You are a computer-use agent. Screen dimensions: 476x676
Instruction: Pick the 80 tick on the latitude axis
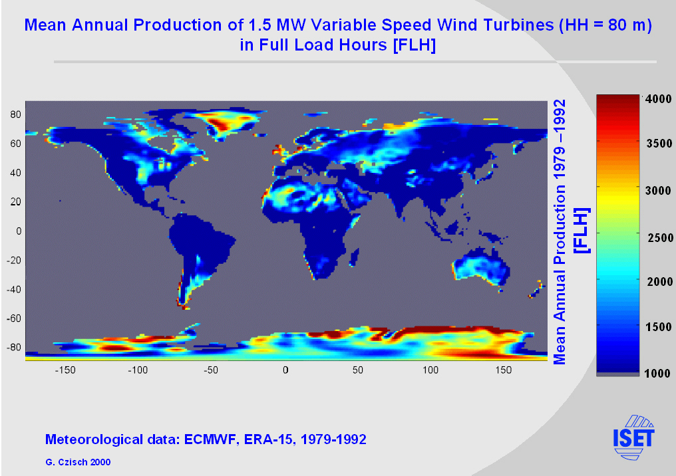[x=15, y=114]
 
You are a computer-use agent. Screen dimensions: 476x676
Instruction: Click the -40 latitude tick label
[x=13, y=289]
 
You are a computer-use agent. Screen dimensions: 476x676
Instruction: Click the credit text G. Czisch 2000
[x=78, y=461]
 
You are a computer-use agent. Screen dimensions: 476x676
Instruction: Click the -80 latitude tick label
[x=13, y=348]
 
